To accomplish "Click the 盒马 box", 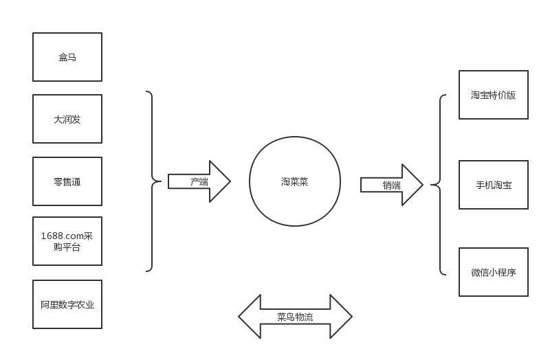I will point(67,57).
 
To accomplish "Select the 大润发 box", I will point(67,119).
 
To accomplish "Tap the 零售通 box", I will point(67,181).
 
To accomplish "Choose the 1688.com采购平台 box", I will point(67,241).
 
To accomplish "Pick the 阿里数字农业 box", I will point(67,304).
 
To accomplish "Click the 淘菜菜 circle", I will point(295,181).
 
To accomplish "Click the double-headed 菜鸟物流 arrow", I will point(295,317).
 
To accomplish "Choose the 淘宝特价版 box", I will point(494,95).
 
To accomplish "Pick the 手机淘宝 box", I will point(494,185).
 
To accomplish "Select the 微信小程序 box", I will point(494,272).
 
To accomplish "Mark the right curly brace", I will point(438,185).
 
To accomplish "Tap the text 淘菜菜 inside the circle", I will point(295,181).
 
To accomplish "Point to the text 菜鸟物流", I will point(295,317).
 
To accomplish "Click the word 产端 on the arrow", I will point(199,182).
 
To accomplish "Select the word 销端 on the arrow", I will point(392,185).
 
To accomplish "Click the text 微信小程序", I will point(494,272).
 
